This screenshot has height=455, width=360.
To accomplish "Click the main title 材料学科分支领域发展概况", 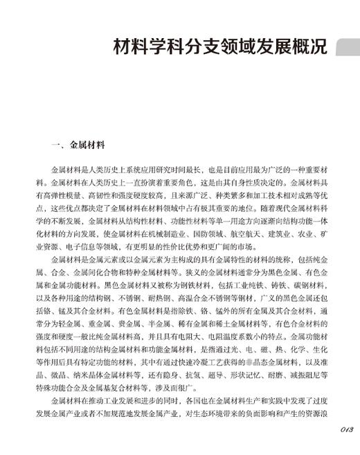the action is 219,50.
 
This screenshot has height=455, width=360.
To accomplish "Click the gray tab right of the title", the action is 347,49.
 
